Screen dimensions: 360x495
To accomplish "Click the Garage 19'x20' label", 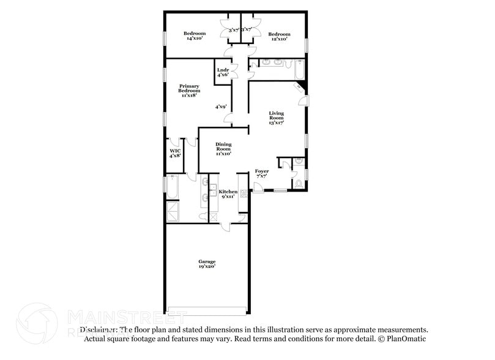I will point(206,264).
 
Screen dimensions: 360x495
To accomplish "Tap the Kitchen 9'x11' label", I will point(228,194).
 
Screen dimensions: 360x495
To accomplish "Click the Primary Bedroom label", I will point(189,91).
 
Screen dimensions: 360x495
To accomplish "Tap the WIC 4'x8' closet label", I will point(175,153).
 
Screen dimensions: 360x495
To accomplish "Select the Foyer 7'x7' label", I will point(261,174).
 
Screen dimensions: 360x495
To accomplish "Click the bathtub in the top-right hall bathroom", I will point(299,70).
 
